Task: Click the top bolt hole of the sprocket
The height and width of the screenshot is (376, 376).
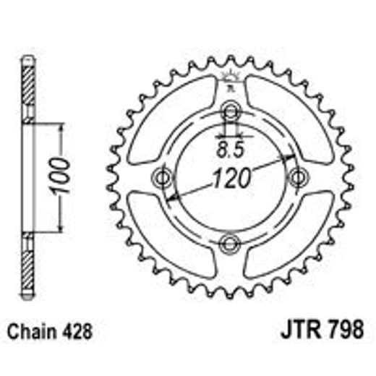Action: [x=231, y=111]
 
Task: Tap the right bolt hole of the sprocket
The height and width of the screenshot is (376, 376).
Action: [x=296, y=177]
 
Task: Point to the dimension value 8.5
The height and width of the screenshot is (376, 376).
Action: [x=230, y=151]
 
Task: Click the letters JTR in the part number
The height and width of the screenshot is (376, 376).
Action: [x=297, y=335]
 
